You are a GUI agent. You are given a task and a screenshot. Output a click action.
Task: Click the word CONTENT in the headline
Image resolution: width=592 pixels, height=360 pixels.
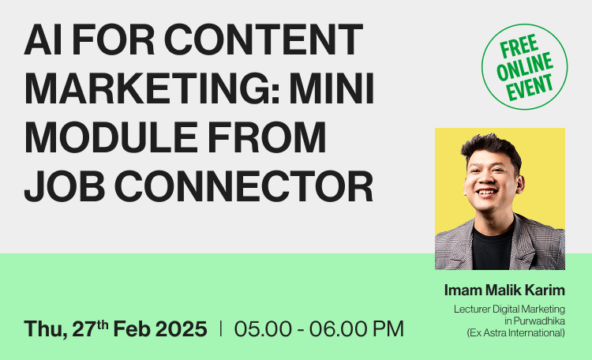(x=263, y=39)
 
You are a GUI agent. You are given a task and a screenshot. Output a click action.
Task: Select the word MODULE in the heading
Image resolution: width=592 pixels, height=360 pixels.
(x=111, y=137)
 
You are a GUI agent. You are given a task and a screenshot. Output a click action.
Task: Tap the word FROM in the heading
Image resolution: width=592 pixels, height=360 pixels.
(x=267, y=137)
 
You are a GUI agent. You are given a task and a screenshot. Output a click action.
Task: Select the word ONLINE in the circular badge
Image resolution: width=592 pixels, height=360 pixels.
(x=525, y=67)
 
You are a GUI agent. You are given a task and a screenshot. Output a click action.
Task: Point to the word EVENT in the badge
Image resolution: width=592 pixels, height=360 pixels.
(x=530, y=88)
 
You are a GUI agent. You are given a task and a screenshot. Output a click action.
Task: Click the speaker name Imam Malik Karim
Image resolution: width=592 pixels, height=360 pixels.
(x=504, y=290)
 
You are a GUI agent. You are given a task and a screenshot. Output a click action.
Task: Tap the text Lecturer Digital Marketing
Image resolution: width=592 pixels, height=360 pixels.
(x=509, y=309)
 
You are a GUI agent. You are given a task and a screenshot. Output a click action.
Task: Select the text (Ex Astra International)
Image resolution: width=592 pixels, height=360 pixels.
(x=515, y=333)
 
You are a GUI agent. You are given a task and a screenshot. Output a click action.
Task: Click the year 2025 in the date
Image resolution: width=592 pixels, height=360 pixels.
(x=182, y=328)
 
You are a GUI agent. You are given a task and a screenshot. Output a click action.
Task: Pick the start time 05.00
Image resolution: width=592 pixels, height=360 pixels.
(x=263, y=328)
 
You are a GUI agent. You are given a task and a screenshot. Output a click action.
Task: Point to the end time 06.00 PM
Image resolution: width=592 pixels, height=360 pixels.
(x=357, y=328)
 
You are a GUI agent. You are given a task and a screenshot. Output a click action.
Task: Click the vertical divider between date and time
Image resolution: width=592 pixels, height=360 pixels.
(x=220, y=328)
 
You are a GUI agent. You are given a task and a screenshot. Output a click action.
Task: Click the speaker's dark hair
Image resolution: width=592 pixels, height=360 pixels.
(x=491, y=148)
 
